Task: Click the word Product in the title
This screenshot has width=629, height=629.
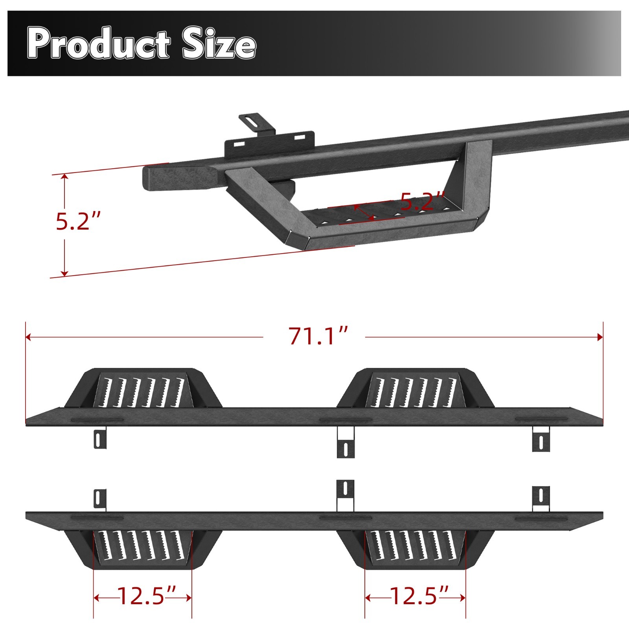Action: (98, 44)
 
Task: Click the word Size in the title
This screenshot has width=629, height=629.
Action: (219, 44)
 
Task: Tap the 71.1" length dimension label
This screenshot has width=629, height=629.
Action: (318, 337)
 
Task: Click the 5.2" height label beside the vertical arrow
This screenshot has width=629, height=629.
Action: (78, 221)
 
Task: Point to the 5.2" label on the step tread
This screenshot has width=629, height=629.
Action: (422, 201)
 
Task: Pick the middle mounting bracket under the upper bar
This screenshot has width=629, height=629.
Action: (346, 443)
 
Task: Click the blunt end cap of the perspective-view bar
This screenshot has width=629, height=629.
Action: (151, 179)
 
